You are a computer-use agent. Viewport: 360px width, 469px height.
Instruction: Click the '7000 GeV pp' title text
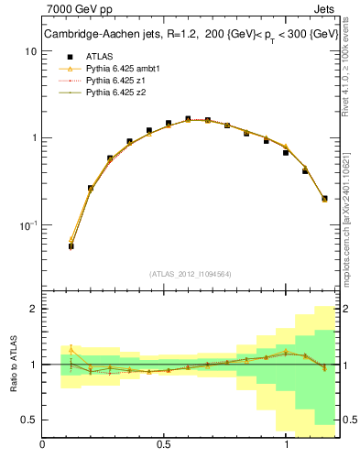[x=75, y=9]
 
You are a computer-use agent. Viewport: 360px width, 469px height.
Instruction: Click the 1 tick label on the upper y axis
[x=32, y=138]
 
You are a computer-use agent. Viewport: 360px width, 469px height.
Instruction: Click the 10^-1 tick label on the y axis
[x=27, y=224]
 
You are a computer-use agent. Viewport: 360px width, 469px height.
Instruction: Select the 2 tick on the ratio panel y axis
[x=32, y=309]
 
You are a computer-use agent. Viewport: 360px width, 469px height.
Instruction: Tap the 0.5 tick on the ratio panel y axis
[x=28, y=420]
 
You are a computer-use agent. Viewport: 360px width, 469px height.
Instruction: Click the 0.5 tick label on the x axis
[x=164, y=445]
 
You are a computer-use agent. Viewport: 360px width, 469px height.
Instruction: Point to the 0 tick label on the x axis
[x=42, y=445]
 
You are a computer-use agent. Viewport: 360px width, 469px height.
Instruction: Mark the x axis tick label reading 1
[x=287, y=445]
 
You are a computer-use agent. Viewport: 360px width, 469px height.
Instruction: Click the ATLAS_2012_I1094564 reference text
[x=189, y=274]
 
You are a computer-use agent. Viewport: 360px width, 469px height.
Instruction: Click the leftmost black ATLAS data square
[x=71, y=246]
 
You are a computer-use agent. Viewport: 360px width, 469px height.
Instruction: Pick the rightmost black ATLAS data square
[x=324, y=198]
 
